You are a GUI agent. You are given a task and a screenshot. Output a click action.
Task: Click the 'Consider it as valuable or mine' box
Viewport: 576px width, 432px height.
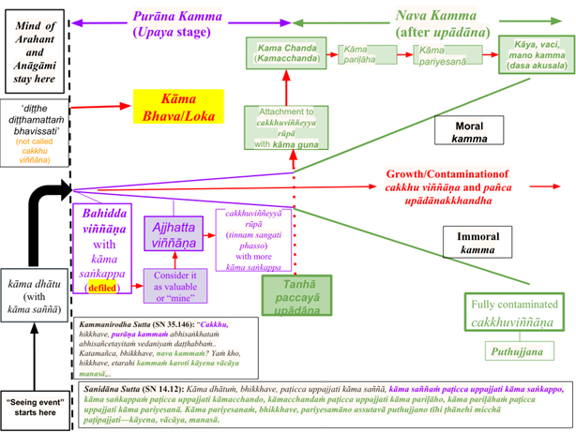pyautogui.click(x=174, y=284)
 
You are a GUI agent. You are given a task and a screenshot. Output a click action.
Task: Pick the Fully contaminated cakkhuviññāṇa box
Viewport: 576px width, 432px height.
pyautogui.click(x=517, y=313)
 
